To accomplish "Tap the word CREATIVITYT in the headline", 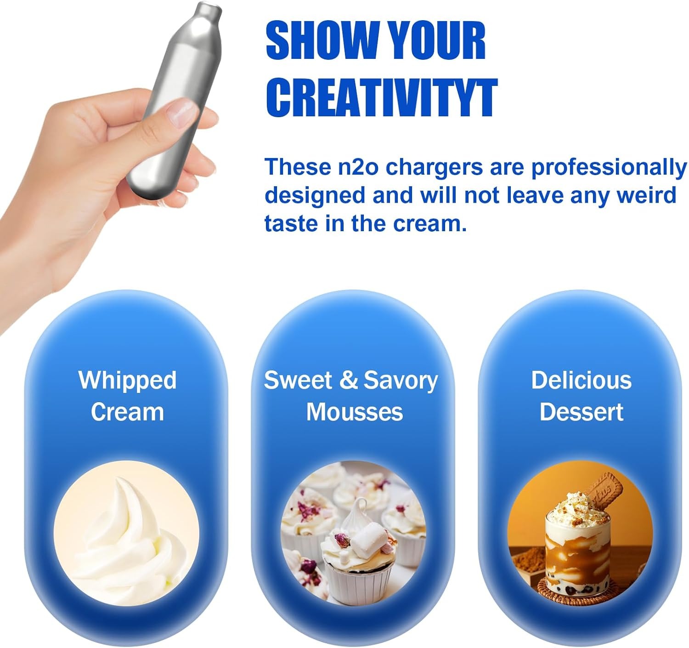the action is [382, 97].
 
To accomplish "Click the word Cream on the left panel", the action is [127, 412].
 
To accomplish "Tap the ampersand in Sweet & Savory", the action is [348, 380].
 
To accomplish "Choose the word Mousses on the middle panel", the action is [354, 412].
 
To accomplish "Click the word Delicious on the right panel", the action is [582, 380].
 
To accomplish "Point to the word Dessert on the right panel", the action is [582, 412].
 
